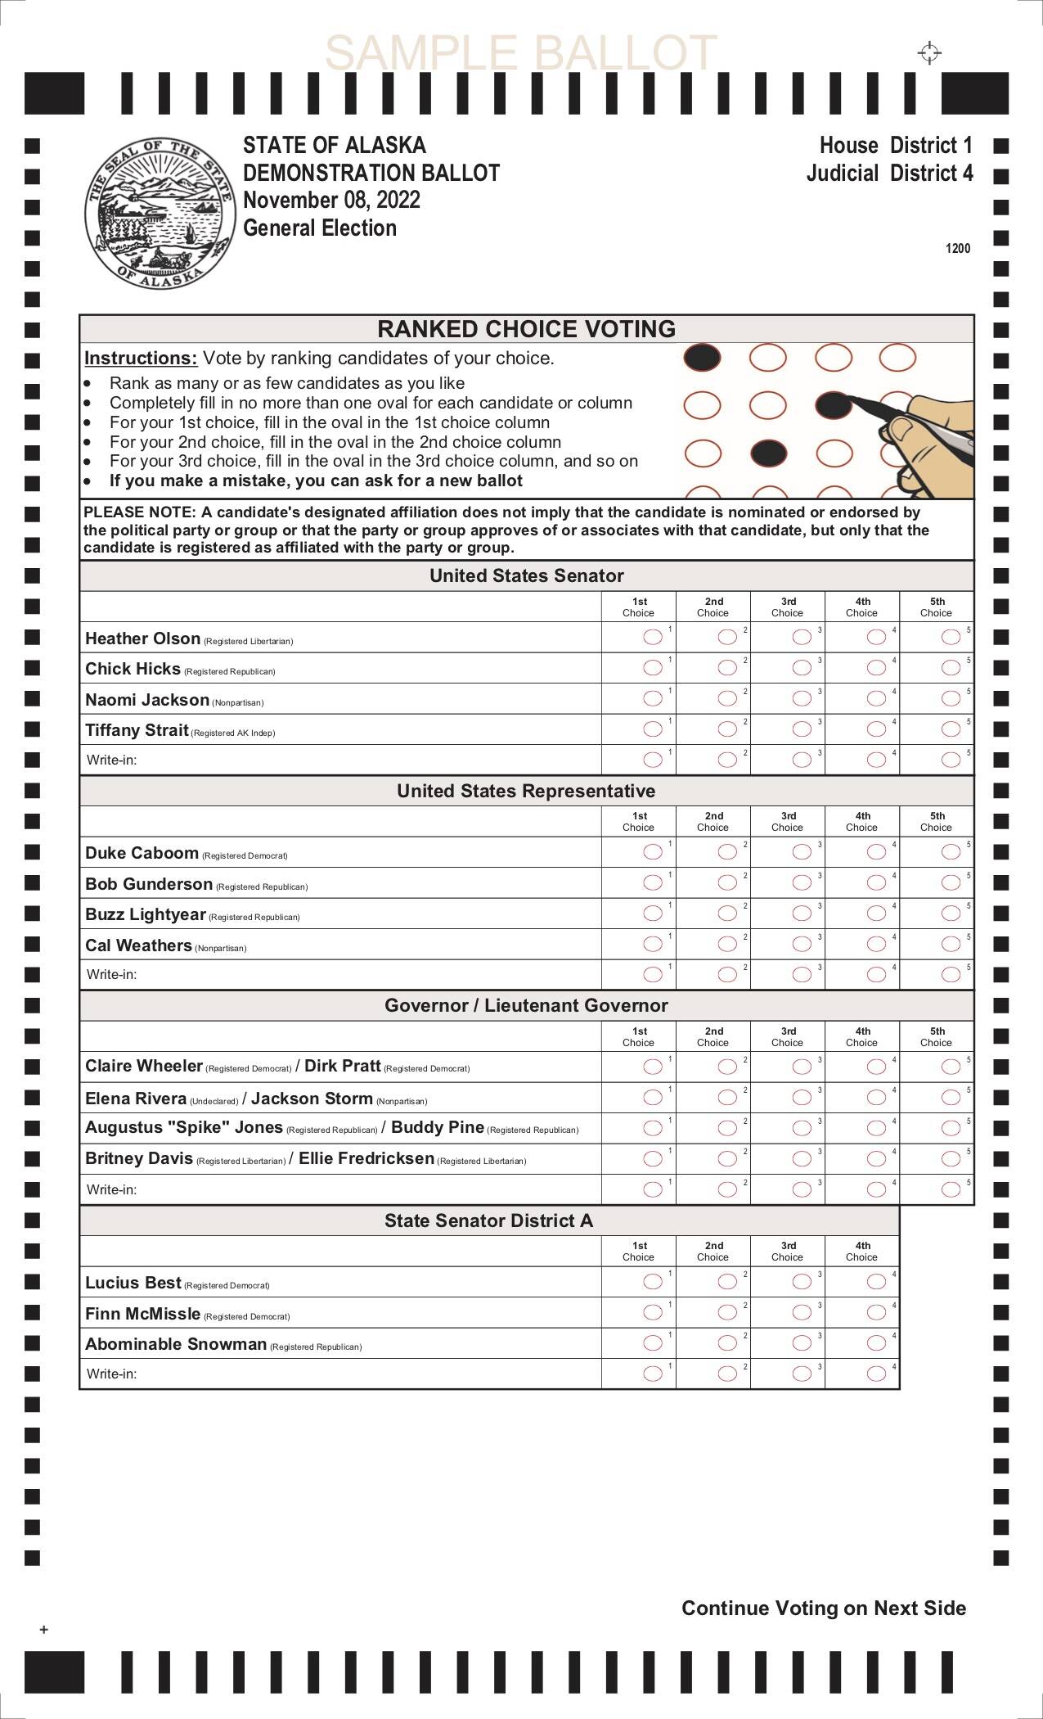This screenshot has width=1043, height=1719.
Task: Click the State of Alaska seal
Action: pos(157,212)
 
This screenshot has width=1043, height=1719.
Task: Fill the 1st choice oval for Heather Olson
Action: pos(653,637)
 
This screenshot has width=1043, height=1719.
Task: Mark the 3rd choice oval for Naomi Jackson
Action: pos(802,698)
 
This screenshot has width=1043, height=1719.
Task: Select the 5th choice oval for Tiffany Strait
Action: pos(951,729)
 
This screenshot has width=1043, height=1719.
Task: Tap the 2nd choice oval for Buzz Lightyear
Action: pos(727,913)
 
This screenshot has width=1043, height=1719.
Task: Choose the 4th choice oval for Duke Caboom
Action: pos(876,852)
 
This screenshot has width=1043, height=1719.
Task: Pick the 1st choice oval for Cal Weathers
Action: pos(653,944)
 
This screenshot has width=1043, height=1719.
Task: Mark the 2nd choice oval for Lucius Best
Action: pos(727,1281)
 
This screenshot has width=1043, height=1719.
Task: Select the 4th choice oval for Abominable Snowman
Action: pos(876,1342)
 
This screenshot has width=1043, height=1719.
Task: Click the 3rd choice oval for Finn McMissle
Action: pos(802,1312)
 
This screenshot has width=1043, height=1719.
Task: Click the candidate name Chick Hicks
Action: pos(133,669)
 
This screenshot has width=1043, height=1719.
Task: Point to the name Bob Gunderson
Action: pos(149,884)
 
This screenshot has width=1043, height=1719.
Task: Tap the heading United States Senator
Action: pos(527,575)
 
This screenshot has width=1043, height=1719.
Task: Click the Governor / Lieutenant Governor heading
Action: pos(527,1005)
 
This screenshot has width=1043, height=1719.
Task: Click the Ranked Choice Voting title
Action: pos(527,329)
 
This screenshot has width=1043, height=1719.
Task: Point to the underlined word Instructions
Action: pos(141,359)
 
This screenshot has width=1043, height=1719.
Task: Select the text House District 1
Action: pos(896,146)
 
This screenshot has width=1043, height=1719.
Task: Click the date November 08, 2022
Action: pos(332,201)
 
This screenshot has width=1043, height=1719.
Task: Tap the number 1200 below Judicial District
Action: pos(958,249)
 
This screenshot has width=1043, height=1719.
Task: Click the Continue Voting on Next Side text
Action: pos(824,1608)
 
